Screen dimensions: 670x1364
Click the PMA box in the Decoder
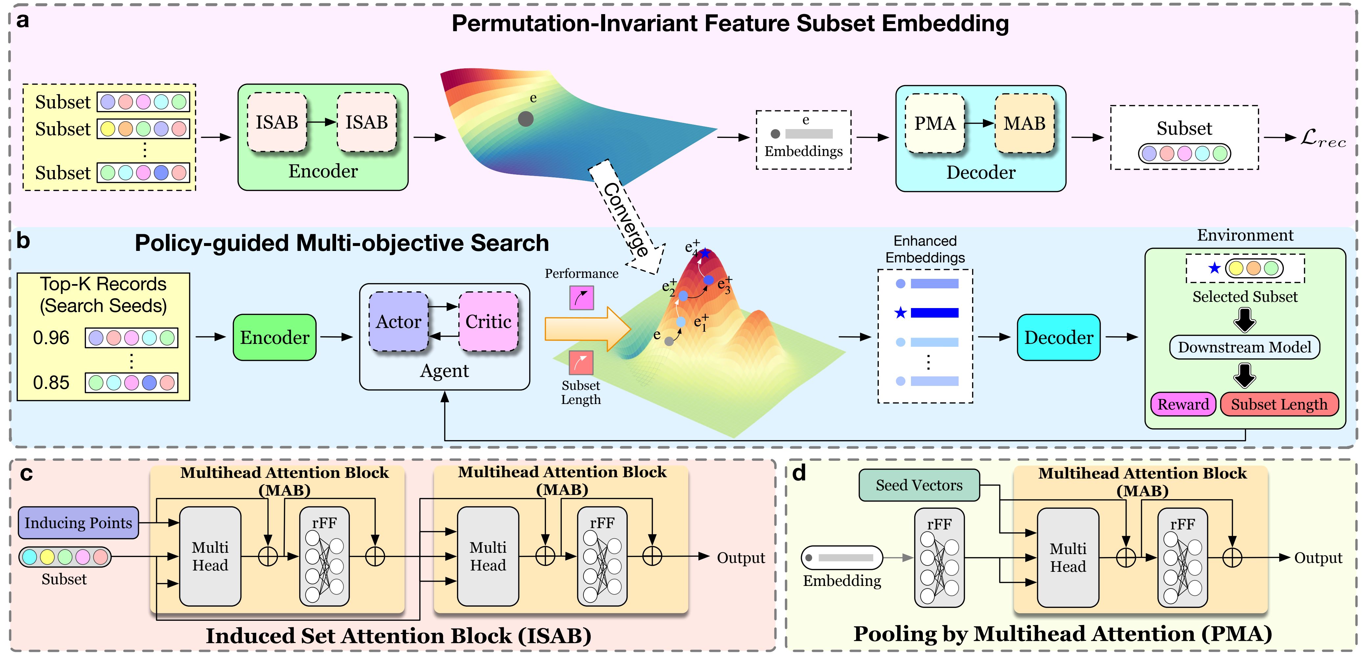click(935, 123)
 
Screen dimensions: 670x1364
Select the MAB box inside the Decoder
click(1025, 123)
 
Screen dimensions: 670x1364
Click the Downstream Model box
click(1244, 347)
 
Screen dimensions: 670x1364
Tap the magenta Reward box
click(1183, 404)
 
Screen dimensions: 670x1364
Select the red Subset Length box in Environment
click(1279, 404)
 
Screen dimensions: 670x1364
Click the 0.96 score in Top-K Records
click(51, 338)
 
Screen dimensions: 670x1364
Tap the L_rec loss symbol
click(1323, 139)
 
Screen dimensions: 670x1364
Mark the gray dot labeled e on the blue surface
click(525, 119)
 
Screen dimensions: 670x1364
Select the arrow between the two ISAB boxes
click(322, 122)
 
